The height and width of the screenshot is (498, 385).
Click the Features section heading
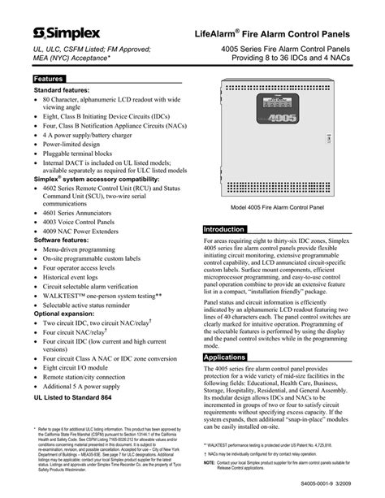(x=48, y=78)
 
